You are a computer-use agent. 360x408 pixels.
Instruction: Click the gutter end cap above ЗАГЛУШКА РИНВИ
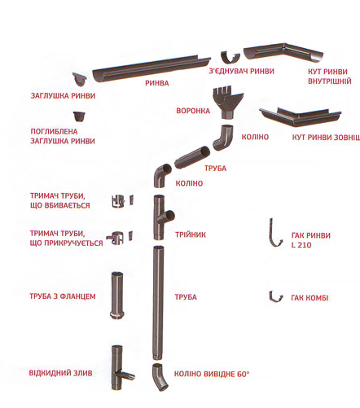pyautogui.click(x=80, y=79)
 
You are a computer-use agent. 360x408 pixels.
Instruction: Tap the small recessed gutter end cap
pyautogui.click(x=79, y=116)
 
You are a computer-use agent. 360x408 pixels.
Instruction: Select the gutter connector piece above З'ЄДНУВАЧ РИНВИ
pyautogui.click(x=230, y=57)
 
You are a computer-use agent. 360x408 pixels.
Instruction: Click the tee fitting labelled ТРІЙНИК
pyautogui.click(x=160, y=217)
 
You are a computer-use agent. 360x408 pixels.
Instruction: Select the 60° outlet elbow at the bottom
pyautogui.click(x=160, y=377)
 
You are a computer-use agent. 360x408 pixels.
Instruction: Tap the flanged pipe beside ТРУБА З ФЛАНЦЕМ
pyautogui.click(x=117, y=296)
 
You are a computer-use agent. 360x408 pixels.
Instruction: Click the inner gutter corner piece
pyautogui.click(x=283, y=51)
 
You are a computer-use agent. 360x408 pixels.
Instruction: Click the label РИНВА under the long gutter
pyautogui.click(x=157, y=83)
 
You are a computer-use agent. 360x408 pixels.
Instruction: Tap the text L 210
pyautogui.click(x=301, y=245)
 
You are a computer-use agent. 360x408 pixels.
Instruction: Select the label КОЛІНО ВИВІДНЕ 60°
pyautogui.click(x=212, y=374)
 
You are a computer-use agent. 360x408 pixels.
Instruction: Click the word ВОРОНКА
pyautogui.click(x=193, y=111)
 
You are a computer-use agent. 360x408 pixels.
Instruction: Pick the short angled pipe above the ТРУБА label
pyautogui.click(x=192, y=157)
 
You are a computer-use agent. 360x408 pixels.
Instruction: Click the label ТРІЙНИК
pyautogui.click(x=191, y=235)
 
